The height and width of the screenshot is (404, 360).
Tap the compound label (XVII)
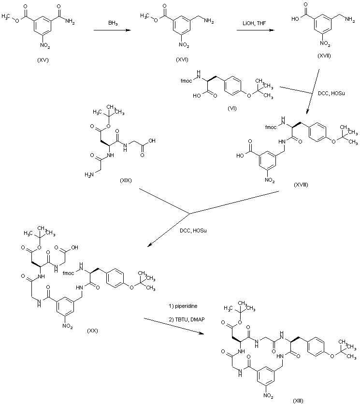pyautogui.click(x=325, y=56)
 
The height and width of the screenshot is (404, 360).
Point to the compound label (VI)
pyautogui.click(x=232, y=108)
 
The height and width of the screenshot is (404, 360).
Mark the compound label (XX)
pyautogui.click(x=93, y=331)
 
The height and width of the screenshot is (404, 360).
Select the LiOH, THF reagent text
pyautogui.click(x=253, y=23)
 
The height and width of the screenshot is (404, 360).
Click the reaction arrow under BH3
pyautogui.click(x=113, y=30)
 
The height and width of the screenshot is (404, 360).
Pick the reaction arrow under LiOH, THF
pyautogui.click(x=253, y=30)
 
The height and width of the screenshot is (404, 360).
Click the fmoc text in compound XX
pyautogui.click(x=69, y=273)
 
